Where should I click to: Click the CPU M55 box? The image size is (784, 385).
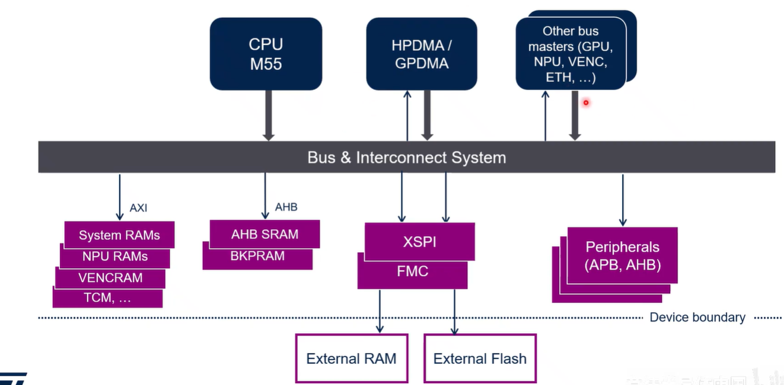[x=266, y=54]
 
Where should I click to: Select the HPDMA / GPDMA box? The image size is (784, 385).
[x=421, y=54]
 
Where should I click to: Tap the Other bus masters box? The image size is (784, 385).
[x=571, y=54]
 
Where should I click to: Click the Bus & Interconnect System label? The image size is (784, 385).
[x=406, y=158]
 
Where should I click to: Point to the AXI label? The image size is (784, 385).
[x=138, y=208]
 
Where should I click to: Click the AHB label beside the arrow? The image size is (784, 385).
[x=286, y=207]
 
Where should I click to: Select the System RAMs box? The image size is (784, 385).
[x=119, y=235]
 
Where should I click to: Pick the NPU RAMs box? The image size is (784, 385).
[x=115, y=257]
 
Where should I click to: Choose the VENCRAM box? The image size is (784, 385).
[x=110, y=278]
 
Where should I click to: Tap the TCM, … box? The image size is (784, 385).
[x=107, y=298]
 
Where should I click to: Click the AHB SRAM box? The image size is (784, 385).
[x=264, y=234]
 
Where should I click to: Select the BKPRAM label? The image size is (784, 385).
[x=257, y=256]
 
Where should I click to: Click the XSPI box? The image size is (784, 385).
[x=419, y=242]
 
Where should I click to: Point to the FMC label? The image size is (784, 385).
[x=412, y=272]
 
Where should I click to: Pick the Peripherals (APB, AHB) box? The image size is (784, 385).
[x=622, y=255]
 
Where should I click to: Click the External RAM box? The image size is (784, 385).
[x=351, y=358]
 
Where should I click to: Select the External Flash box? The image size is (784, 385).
[x=480, y=358]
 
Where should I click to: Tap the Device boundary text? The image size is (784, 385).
[x=697, y=317]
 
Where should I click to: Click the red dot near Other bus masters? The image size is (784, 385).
[x=585, y=102]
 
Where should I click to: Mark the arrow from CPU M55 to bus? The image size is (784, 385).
[x=268, y=115]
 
